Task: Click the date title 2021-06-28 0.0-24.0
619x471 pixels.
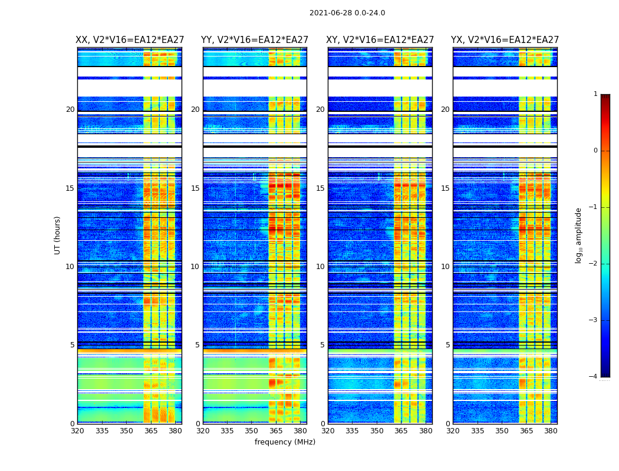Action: click(347, 13)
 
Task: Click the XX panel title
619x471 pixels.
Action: click(130, 40)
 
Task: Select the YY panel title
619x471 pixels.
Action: click(255, 40)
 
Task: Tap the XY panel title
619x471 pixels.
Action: click(380, 40)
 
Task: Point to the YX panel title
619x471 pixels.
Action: click(505, 40)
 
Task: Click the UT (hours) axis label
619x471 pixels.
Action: click(58, 235)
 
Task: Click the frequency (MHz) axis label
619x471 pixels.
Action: click(285, 442)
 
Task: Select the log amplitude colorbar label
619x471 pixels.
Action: click(579, 235)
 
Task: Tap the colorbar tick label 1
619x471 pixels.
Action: click(595, 94)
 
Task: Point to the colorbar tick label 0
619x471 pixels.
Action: click(595, 151)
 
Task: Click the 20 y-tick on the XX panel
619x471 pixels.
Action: click(70, 110)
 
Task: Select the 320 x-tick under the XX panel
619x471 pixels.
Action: click(77, 431)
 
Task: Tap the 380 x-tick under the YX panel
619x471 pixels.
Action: click(551, 431)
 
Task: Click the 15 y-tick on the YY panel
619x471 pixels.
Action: click(195, 188)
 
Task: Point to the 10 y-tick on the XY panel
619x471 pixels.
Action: click(320, 267)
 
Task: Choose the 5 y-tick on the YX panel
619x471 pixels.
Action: click(447, 345)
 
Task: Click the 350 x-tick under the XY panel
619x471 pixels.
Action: click(377, 431)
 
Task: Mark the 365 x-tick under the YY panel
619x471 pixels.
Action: click(276, 431)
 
